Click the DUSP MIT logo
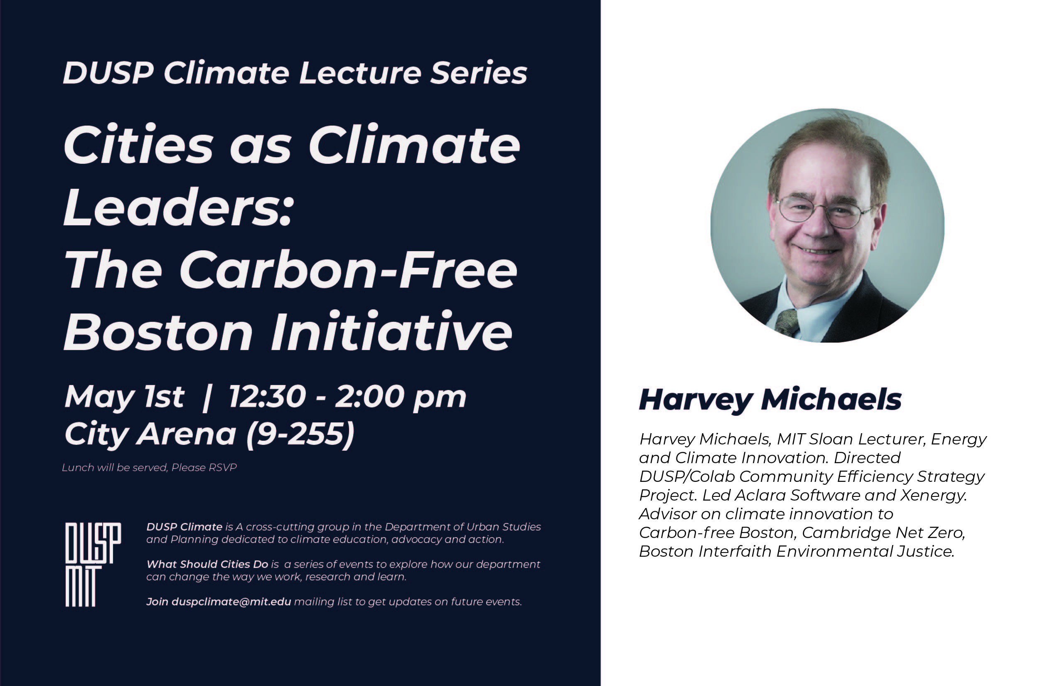[93, 565]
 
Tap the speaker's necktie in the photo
[787, 323]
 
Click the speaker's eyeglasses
[824, 212]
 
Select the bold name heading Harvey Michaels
[770, 400]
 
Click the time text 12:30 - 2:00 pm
[347, 397]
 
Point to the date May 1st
[124, 397]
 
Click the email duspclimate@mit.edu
[231, 602]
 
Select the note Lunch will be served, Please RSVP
[149, 467]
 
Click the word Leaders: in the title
[178, 207]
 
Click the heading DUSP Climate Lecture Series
[295, 73]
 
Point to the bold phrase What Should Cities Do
[207, 565]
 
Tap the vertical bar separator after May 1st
[206, 398]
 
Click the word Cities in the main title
[139, 145]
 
